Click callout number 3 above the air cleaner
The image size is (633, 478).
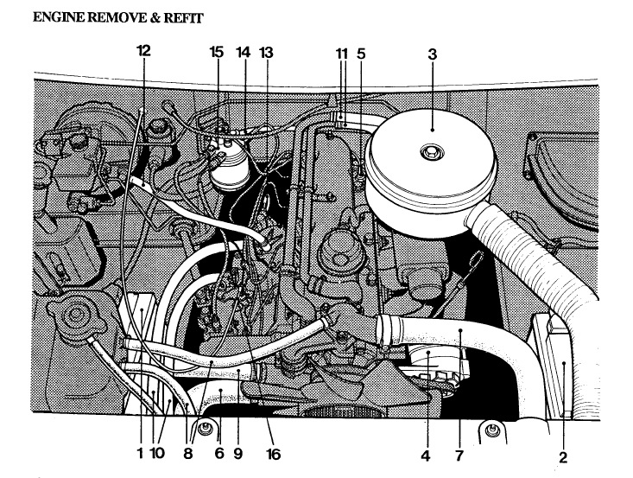tap(433, 54)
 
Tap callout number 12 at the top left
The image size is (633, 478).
tap(143, 50)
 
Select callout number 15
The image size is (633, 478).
tap(217, 52)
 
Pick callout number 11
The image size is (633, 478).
tap(341, 54)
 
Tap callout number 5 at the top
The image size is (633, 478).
tap(361, 54)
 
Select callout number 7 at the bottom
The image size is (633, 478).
tap(459, 453)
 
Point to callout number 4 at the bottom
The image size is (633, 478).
tap(425, 453)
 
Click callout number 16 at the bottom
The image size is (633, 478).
tap(274, 453)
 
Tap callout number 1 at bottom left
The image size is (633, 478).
tap(140, 453)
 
